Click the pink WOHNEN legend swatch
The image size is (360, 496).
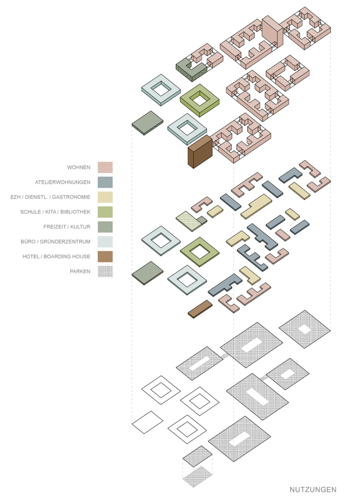pyautogui.click(x=105, y=167)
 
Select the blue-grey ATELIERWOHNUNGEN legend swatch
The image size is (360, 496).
pyautogui.click(x=105, y=182)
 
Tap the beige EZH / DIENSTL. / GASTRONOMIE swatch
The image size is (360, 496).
pyautogui.click(x=105, y=197)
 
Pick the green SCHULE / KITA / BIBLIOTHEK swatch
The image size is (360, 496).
pyautogui.click(x=105, y=212)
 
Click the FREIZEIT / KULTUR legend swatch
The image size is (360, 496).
pyautogui.click(x=105, y=227)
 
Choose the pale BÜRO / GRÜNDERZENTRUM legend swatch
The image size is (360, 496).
pyautogui.click(x=105, y=242)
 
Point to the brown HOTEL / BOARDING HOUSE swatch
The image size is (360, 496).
pyautogui.click(x=105, y=256)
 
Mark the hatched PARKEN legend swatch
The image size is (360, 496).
pyautogui.click(x=105, y=271)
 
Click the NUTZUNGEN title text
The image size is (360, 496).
pyautogui.click(x=313, y=489)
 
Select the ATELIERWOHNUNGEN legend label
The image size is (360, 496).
pyautogui.click(x=63, y=182)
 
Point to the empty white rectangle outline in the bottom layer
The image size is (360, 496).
pyautogui.click(x=148, y=421)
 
